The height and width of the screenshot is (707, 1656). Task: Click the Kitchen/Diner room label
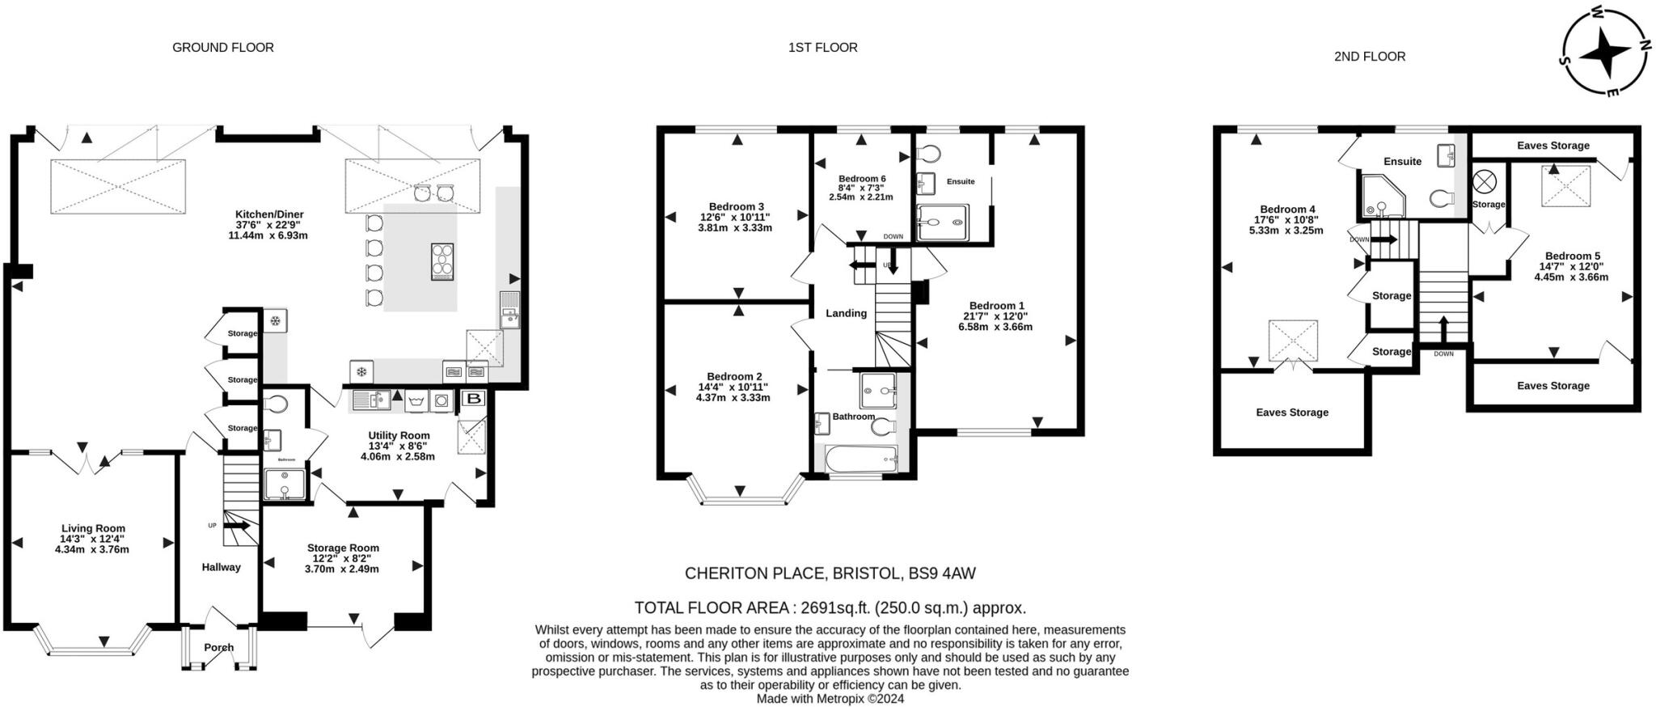tap(269, 214)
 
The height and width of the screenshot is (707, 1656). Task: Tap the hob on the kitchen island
tap(442, 261)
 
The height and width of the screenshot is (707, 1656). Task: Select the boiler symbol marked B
tap(474, 399)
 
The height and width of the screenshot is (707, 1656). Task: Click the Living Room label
tap(93, 528)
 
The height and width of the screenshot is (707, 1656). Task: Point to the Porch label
tap(219, 647)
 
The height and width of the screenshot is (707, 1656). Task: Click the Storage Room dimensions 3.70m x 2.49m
tap(342, 569)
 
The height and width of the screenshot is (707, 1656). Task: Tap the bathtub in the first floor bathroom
tap(861, 459)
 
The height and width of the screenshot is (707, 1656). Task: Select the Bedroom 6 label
tap(862, 179)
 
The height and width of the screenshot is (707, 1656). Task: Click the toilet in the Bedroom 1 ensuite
tap(929, 154)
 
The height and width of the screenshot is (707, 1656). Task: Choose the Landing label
tap(846, 313)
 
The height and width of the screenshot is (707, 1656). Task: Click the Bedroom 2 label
tap(734, 376)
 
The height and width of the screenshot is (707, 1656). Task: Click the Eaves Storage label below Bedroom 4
tap(1292, 413)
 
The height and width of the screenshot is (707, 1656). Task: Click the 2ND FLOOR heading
tap(1370, 57)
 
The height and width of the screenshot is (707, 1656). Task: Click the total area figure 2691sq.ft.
tap(831, 608)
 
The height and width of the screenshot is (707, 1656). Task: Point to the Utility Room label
tap(399, 435)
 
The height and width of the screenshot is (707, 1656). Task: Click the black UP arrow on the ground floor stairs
tap(236, 526)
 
